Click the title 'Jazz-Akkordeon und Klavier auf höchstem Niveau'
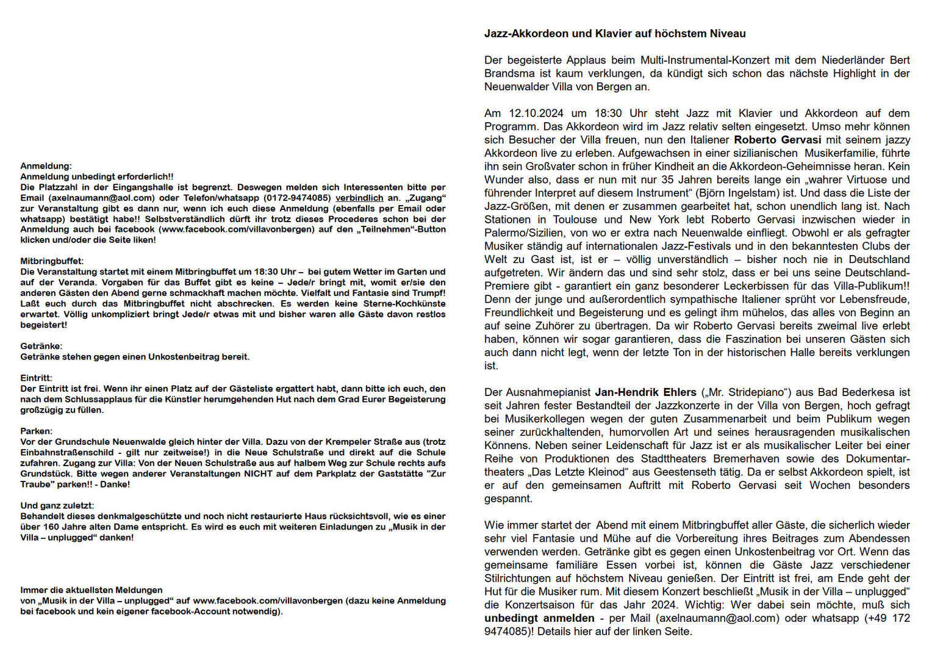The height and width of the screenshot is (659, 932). (x=615, y=34)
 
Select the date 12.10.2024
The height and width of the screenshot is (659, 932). (x=536, y=113)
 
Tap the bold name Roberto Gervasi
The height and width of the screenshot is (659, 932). (x=777, y=140)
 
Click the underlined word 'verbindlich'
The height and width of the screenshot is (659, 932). (x=359, y=198)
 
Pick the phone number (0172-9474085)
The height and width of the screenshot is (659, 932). (x=297, y=198)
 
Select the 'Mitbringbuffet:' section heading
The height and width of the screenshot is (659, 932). (x=52, y=261)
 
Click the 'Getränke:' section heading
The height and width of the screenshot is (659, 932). (x=41, y=346)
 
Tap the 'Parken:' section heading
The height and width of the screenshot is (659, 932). (x=37, y=431)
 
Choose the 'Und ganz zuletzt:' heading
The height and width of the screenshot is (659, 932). (x=57, y=505)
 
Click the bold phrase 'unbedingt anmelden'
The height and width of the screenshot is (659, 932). (x=531, y=618)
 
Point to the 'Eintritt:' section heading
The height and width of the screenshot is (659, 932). (x=37, y=378)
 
